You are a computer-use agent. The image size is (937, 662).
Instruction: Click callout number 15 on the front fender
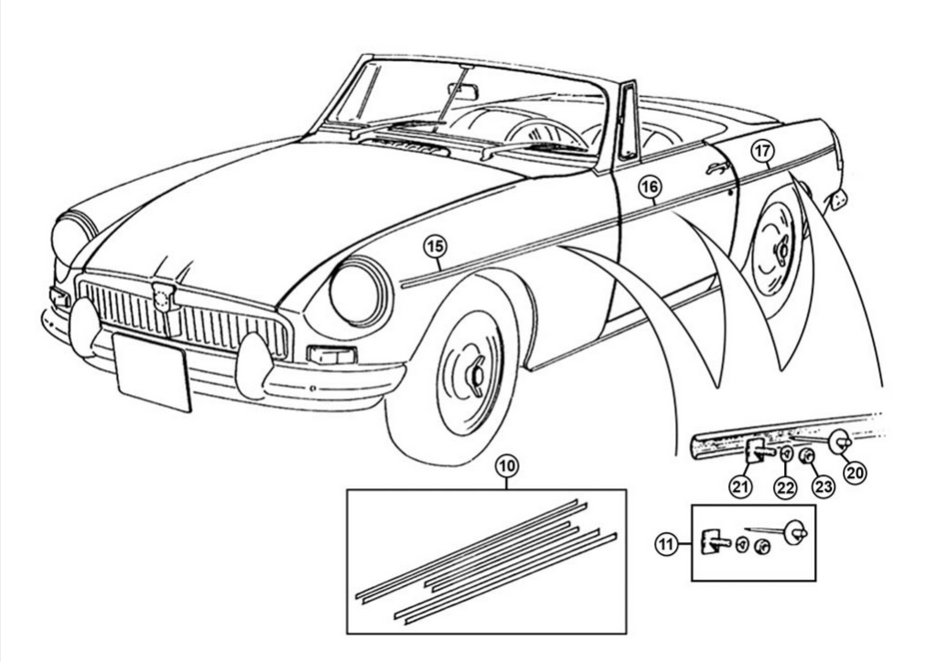436,247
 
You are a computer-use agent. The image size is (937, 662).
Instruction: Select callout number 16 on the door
651,187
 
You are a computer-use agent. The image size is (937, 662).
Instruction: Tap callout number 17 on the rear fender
762,151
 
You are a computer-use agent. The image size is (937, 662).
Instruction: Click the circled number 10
507,466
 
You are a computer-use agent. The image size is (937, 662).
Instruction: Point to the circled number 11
667,544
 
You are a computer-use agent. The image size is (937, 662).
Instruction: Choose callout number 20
855,473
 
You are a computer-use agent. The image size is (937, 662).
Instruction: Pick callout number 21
740,487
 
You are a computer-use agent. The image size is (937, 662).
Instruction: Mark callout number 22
785,487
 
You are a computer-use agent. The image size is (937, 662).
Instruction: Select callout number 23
824,486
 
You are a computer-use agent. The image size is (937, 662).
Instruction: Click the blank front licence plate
153,372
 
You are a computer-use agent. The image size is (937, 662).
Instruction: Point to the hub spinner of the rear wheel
780,253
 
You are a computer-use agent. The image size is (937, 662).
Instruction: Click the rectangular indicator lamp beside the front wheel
331,355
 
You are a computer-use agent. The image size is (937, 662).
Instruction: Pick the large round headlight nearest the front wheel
360,292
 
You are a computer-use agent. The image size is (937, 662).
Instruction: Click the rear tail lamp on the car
838,200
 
